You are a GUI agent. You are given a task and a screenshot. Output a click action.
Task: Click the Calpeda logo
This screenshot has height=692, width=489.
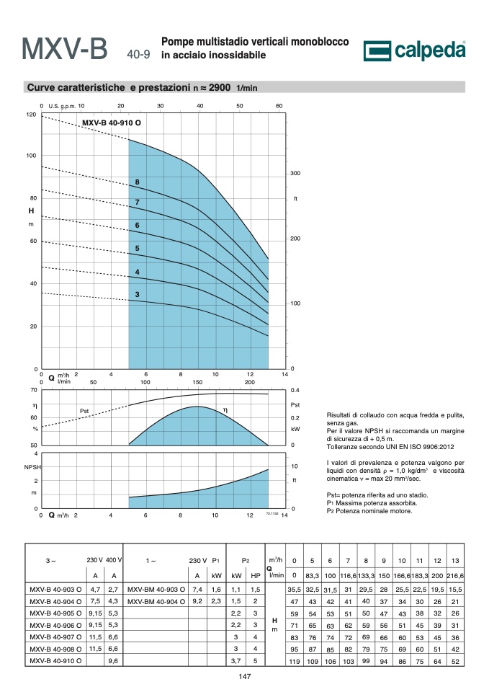pyautogui.click(x=414, y=50)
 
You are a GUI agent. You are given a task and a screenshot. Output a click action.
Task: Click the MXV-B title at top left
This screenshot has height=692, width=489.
pyautogui.click(x=64, y=48)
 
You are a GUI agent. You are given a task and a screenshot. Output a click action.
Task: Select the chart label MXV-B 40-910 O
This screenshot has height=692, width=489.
pyautogui.click(x=112, y=123)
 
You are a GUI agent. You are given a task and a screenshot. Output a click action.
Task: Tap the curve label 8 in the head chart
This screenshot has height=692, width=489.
pyautogui.click(x=138, y=182)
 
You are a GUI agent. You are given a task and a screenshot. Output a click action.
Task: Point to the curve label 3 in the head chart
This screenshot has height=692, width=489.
pyautogui.click(x=137, y=294)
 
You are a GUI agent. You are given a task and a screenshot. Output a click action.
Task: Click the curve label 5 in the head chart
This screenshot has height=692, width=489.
pyautogui.click(x=137, y=248)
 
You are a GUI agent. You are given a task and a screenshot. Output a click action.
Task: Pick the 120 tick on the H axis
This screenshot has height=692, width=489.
pyautogui.click(x=31, y=115)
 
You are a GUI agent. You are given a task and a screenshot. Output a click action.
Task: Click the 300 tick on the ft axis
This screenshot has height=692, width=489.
pyautogui.click(x=295, y=173)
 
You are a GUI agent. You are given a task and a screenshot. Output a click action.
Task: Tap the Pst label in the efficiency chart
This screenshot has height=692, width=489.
pyautogui.click(x=84, y=411)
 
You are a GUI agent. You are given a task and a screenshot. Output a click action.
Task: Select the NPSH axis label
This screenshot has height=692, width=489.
pyautogui.click(x=32, y=467)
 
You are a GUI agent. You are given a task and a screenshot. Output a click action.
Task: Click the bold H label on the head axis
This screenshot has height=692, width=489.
pyautogui.click(x=31, y=210)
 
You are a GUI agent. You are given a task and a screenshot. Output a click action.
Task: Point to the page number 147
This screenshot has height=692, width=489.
pyautogui.click(x=245, y=677)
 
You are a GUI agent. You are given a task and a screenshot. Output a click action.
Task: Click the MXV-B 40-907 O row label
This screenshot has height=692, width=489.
pyautogui.click(x=55, y=636)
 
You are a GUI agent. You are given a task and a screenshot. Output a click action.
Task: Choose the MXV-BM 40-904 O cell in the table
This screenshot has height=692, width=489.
pyautogui.click(x=156, y=601)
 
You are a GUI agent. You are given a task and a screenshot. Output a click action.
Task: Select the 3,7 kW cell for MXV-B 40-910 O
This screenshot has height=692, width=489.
pyautogui.click(x=236, y=661)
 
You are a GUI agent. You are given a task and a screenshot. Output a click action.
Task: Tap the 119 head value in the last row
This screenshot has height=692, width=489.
pyautogui.click(x=295, y=661)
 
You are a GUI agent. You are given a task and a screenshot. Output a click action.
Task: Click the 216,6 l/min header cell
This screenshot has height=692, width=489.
pyautogui.click(x=455, y=575)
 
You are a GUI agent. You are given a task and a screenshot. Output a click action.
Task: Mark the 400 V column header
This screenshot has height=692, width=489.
pyautogui.click(x=114, y=560)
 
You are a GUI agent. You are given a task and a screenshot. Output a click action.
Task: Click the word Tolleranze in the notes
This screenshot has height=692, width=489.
pyautogui.click(x=343, y=447)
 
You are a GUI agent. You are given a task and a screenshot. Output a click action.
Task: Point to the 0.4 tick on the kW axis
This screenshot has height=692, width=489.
pyautogui.click(x=295, y=390)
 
